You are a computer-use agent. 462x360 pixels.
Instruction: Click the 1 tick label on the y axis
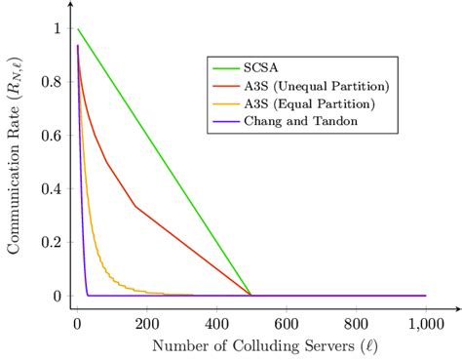(56, 29)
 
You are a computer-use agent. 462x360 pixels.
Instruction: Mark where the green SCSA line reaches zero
(250, 295)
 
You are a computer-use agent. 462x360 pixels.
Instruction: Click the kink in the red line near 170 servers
(135, 206)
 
